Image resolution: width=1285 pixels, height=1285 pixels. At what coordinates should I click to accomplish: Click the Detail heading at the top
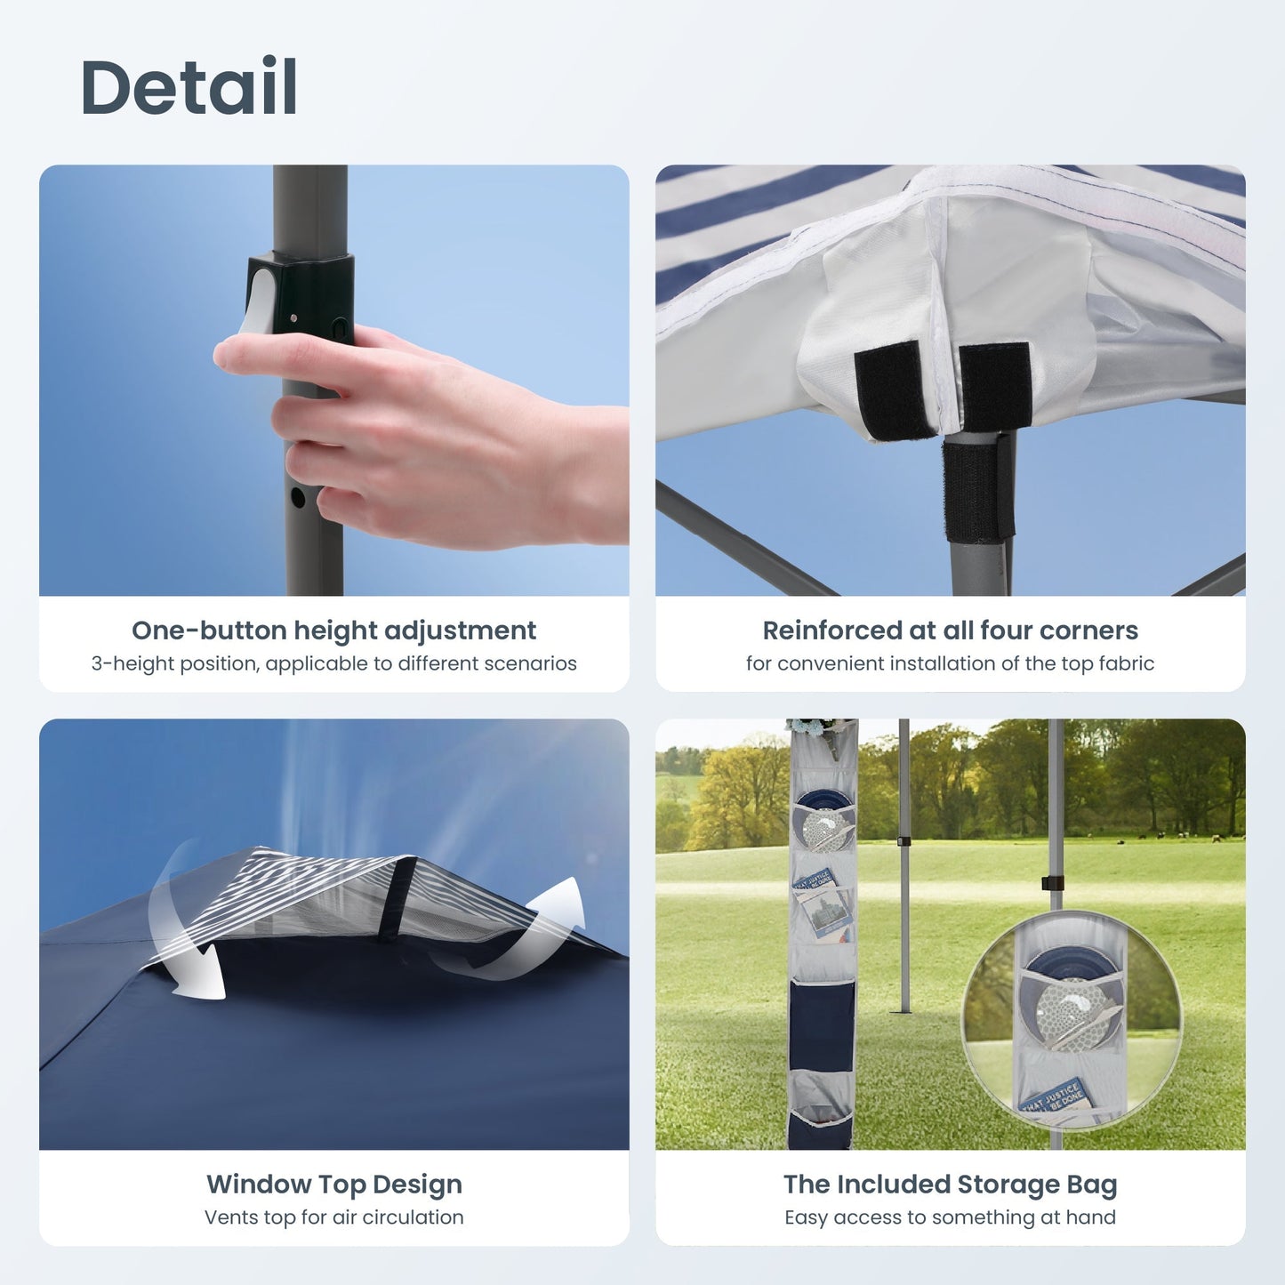tap(189, 87)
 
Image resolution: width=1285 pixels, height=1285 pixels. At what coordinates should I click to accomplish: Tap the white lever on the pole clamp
tap(259, 302)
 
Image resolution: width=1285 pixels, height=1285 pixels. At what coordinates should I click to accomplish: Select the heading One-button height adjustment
tap(333, 630)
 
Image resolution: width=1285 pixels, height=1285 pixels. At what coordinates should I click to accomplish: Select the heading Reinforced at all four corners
tap(950, 630)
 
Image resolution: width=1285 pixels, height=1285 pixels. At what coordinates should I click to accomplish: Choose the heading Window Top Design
tap(333, 1185)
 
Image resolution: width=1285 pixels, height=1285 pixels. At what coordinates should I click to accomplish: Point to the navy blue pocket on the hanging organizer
tap(821, 1023)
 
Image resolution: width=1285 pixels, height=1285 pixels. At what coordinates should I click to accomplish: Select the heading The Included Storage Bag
tap(950, 1185)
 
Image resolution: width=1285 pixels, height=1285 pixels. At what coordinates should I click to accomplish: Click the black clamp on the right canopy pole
tap(1052, 882)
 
